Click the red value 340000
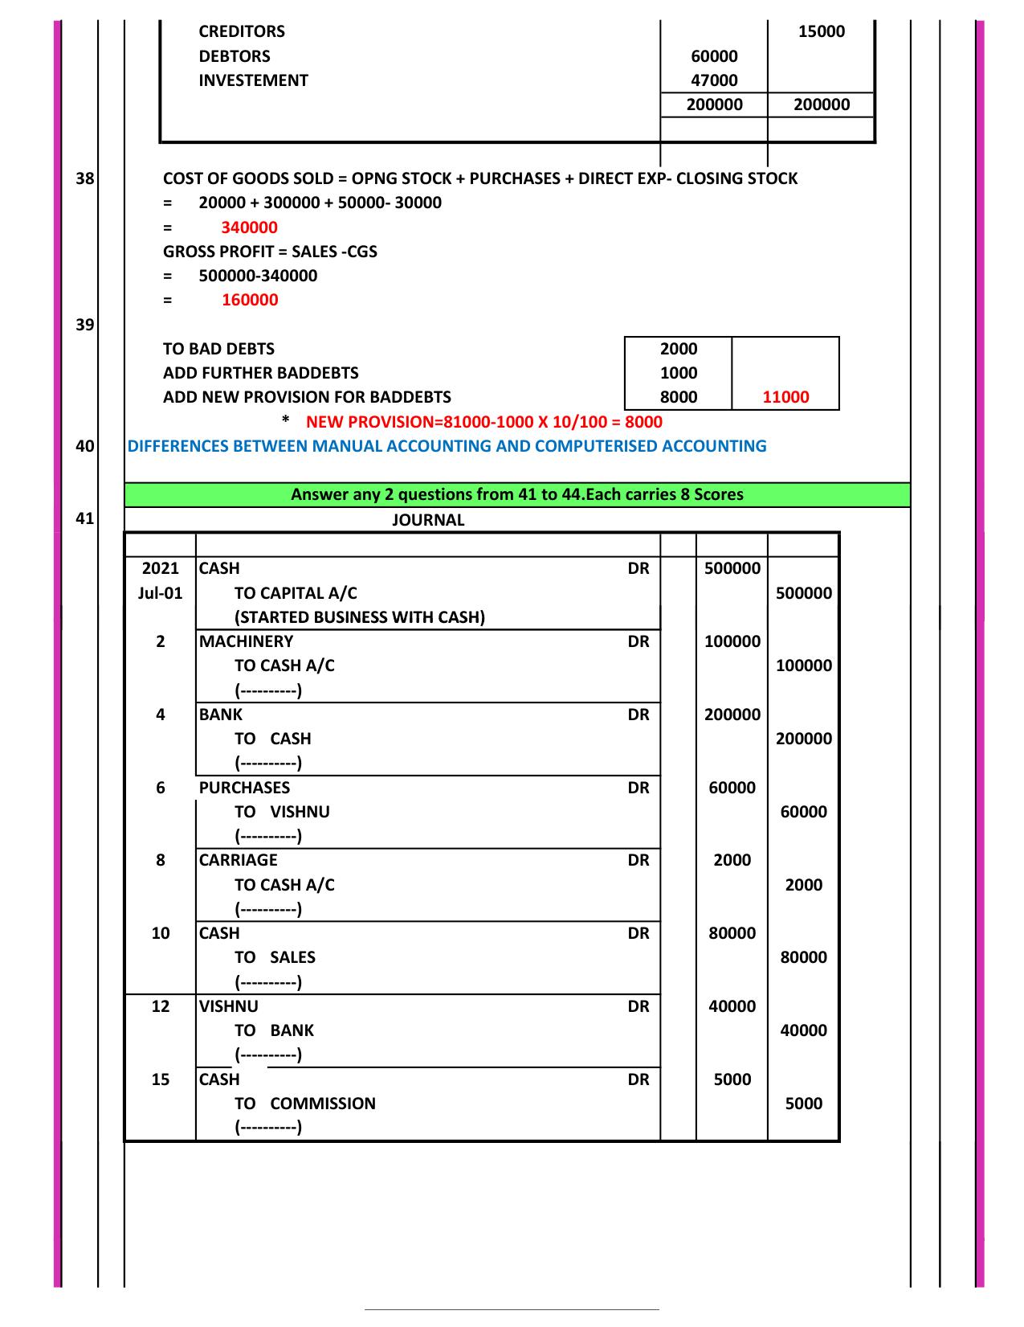coord(249,227)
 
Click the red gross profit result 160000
coord(249,300)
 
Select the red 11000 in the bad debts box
coord(785,397)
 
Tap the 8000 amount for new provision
coord(678,397)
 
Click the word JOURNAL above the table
coord(428,520)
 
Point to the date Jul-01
coord(161,593)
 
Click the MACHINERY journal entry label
coord(246,641)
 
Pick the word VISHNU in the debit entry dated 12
coord(229,1006)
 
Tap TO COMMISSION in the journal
coord(305,1104)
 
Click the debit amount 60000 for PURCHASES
coord(732,788)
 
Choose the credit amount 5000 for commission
coord(803,1104)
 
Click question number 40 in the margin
coord(85,446)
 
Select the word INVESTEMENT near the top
coord(253,80)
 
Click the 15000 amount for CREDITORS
coord(822,31)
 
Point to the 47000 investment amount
coord(714,80)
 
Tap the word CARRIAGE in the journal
coord(238,860)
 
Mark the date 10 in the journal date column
coord(161,933)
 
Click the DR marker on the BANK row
coord(638,715)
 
